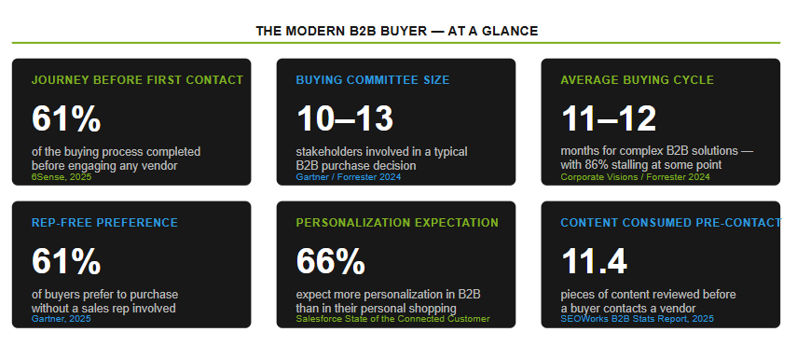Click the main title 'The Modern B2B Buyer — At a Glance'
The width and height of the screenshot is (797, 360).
click(x=396, y=31)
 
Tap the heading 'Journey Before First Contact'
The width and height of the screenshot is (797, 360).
click(x=137, y=80)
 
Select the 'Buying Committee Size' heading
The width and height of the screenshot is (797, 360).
click(x=373, y=80)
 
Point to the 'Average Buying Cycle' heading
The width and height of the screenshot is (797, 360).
click(x=637, y=80)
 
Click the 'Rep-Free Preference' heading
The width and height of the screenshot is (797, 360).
click(x=104, y=223)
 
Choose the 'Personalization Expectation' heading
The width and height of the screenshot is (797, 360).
click(x=397, y=223)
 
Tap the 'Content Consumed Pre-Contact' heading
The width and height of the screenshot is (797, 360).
click(x=670, y=223)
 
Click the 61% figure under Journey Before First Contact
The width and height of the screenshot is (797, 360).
click(x=66, y=119)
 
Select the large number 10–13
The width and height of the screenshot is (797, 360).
click(x=345, y=119)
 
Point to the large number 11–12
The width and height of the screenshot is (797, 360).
click(x=609, y=119)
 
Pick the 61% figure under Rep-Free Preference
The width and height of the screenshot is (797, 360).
click(x=66, y=262)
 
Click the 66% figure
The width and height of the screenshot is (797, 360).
click(x=330, y=262)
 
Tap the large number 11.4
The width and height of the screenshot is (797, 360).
click(x=594, y=262)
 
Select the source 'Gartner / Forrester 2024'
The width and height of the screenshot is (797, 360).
click(x=349, y=177)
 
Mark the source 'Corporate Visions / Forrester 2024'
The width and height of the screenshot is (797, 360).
click(x=635, y=177)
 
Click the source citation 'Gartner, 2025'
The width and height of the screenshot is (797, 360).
click(x=61, y=319)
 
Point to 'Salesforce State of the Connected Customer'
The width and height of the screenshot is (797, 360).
click(x=393, y=319)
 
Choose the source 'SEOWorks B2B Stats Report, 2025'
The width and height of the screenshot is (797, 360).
click(x=637, y=319)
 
